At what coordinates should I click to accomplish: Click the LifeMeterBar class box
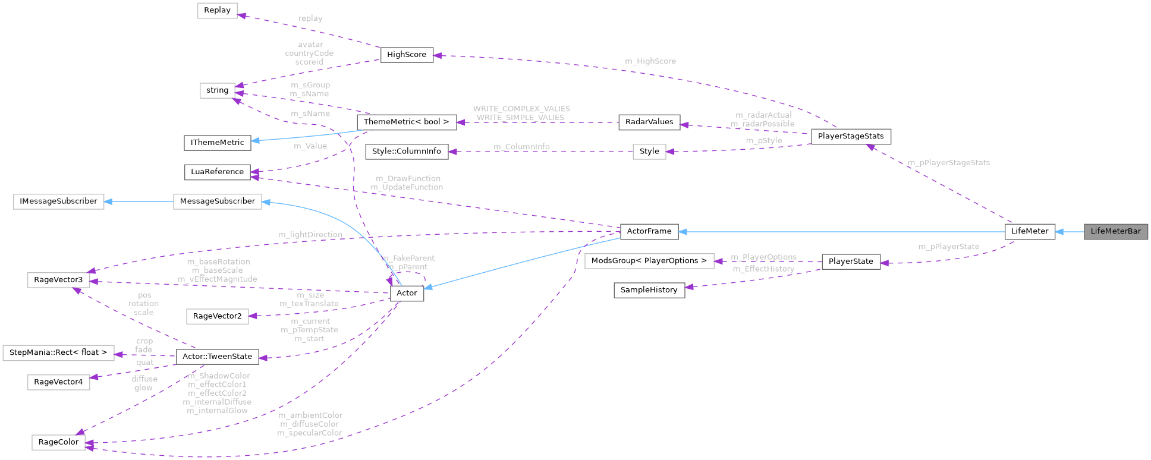click(1115, 231)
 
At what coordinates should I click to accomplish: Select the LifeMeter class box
click(1030, 231)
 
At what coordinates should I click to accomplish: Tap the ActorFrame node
click(649, 231)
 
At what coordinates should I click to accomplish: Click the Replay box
click(217, 11)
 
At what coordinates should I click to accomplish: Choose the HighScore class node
click(407, 55)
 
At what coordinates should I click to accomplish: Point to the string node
click(217, 90)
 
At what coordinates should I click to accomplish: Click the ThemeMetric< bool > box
click(406, 122)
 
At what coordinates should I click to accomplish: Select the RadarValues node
click(649, 122)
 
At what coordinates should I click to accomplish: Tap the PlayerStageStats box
click(850, 136)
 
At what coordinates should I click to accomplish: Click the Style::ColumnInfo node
click(406, 152)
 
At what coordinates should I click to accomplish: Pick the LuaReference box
click(217, 172)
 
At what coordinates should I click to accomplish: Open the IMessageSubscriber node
click(58, 201)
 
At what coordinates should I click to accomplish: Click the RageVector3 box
click(58, 280)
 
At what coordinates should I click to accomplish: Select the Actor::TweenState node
click(217, 357)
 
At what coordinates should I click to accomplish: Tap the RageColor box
click(58, 442)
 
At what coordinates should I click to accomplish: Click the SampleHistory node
click(649, 290)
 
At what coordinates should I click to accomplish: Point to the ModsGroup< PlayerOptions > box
click(649, 261)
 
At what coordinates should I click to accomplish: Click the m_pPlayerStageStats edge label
click(948, 163)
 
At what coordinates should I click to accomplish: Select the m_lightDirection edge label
click(310, 235)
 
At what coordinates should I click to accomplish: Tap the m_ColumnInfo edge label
click(521, 147)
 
